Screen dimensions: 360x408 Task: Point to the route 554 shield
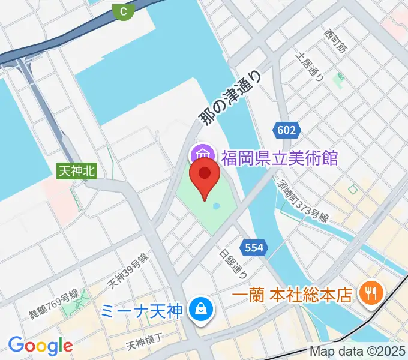click(x=253, y=247)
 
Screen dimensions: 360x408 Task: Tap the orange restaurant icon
click(x=367, y=293)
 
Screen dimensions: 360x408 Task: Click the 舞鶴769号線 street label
click(x=54, y=304)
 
